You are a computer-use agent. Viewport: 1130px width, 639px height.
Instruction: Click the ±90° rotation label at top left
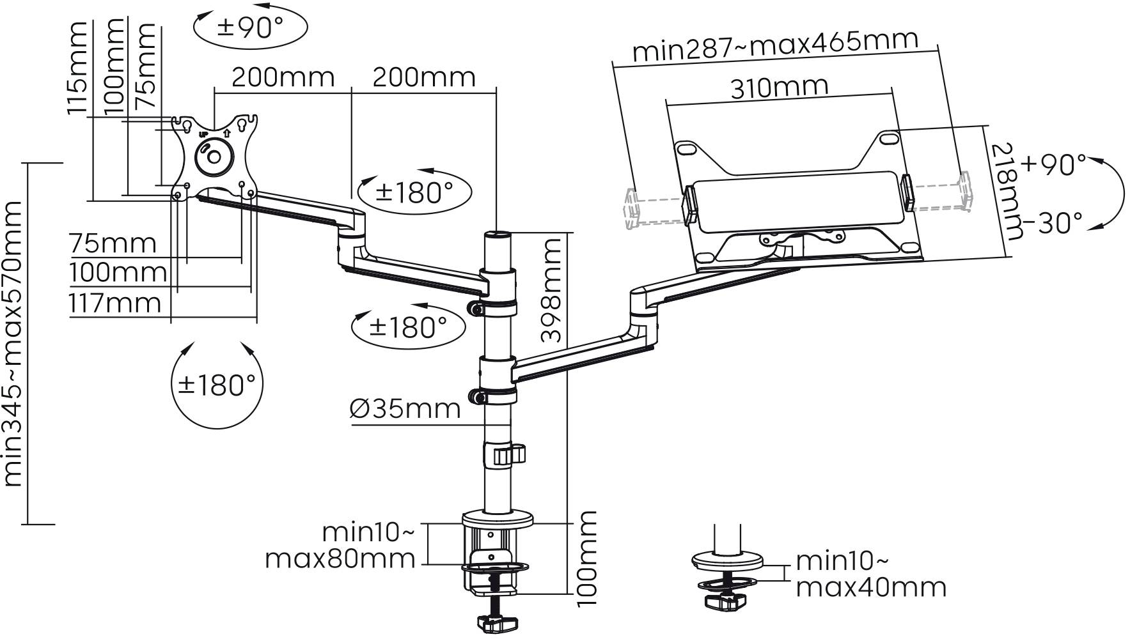[x=251, y=27]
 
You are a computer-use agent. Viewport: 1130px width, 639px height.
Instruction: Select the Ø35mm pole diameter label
[x=405, y=409]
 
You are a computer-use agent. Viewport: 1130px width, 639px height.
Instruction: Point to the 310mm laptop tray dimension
[x=780, y=88]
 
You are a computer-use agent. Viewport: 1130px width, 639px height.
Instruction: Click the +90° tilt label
[x=1053, y=165]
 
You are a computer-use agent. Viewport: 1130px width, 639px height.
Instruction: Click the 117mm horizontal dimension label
[x=115, y=304]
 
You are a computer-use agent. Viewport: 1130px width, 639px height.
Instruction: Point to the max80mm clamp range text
[x=340, y=559]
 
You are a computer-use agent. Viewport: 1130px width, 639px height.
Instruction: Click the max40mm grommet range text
[x=871, y=587]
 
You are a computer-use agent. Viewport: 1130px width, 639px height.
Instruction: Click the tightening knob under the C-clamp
[x=499, y=622]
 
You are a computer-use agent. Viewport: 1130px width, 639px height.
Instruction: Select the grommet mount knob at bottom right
[x=726, y=601]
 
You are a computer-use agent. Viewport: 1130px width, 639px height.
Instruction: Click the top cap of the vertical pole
[x=498, y=236]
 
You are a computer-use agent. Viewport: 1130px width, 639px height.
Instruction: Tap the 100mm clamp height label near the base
[x=586, y=558]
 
